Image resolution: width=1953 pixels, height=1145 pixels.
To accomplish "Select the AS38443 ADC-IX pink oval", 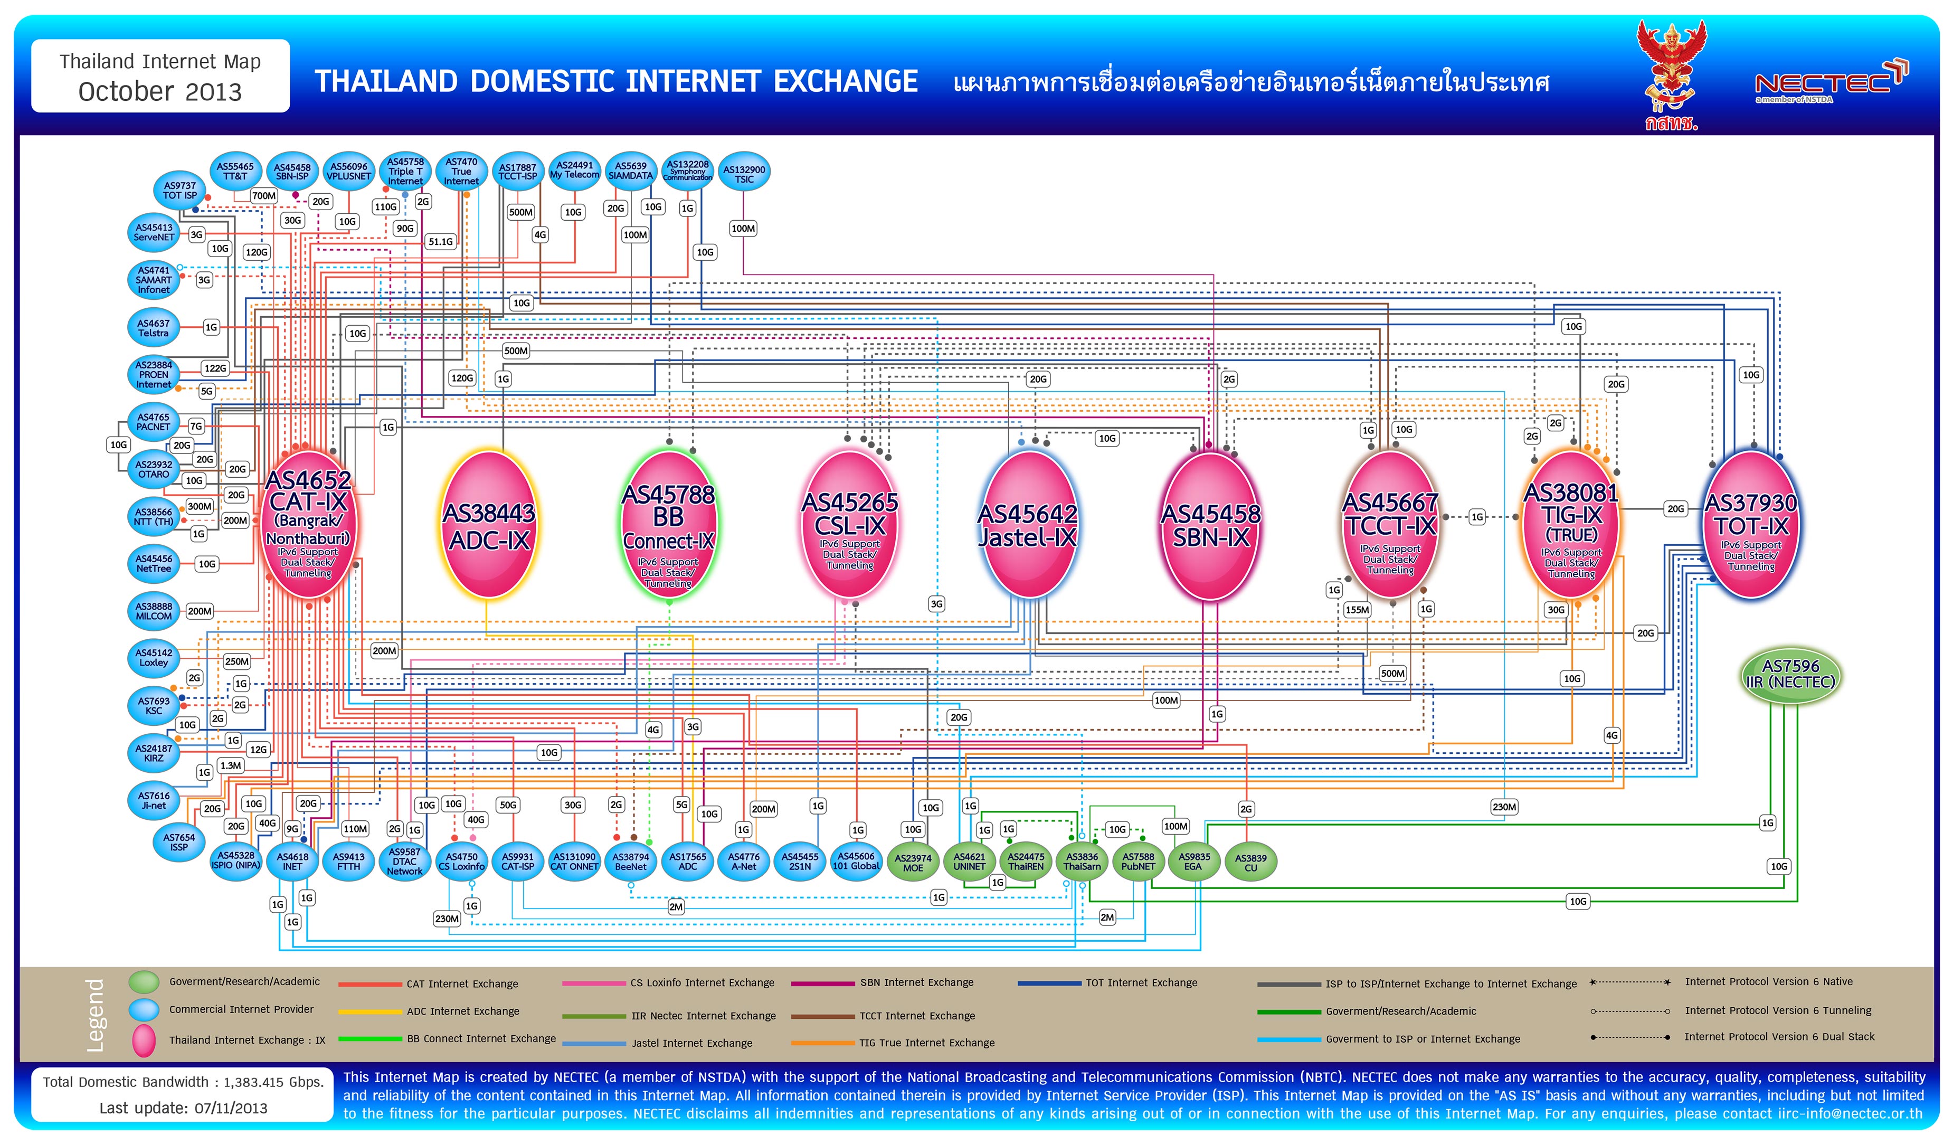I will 489,526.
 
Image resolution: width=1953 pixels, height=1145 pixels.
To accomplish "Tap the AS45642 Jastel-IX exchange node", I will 1028,526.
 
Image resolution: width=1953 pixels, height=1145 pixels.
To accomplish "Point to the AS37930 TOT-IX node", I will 1751,526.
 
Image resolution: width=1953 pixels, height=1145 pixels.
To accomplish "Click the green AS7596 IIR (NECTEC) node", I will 1790,675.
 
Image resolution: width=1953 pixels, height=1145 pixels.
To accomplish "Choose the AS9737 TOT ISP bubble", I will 180,191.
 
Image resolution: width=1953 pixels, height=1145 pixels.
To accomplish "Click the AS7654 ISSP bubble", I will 179,842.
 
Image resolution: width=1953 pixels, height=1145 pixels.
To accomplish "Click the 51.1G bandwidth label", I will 440,242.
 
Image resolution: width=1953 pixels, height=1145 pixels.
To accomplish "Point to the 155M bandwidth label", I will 1357,610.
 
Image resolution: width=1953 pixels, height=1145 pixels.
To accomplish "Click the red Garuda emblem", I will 1671,70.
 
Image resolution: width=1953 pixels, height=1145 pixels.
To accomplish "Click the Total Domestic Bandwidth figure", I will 183,1082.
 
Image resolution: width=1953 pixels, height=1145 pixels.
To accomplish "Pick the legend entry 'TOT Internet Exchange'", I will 1141,983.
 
